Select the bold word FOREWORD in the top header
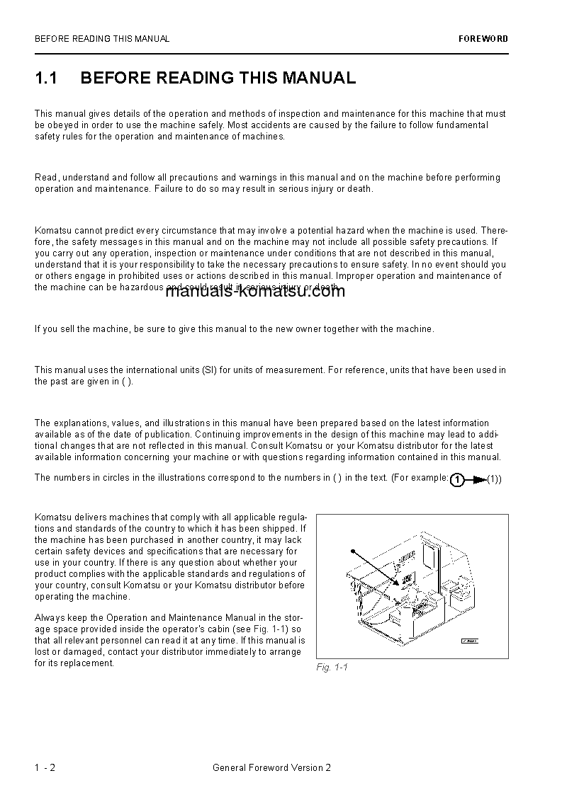click(x=483, y=39)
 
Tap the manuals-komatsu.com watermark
click(x=254, y=291)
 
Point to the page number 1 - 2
click(x=45, y=767)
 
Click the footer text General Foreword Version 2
click(x=271, y=767)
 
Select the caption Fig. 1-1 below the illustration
click(x=332, y=668)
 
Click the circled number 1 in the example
click(x=458, y=480)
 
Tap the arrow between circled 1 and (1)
click(x=477, y=480)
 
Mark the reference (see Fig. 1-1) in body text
click(x=261, y=629)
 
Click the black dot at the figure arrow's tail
click(x=352, y=549)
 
